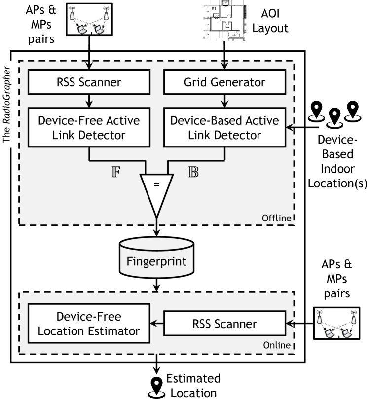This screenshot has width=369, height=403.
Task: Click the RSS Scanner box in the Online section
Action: pyautogui.click(x=225, y=324)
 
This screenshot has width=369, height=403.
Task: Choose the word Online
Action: pyautogui.click(x=278, y=344)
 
